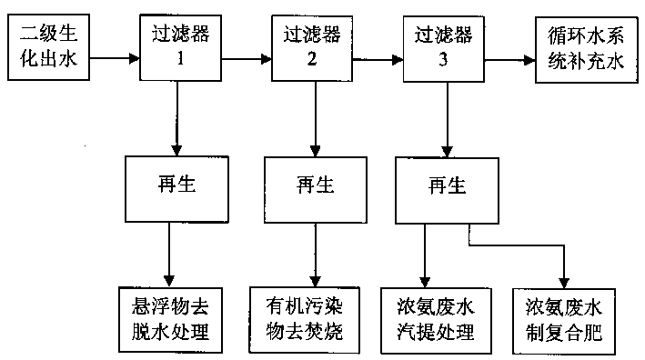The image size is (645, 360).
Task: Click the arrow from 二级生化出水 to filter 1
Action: tap(114, 61)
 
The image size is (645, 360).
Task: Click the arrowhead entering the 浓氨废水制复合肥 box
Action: tap(565, 280)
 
